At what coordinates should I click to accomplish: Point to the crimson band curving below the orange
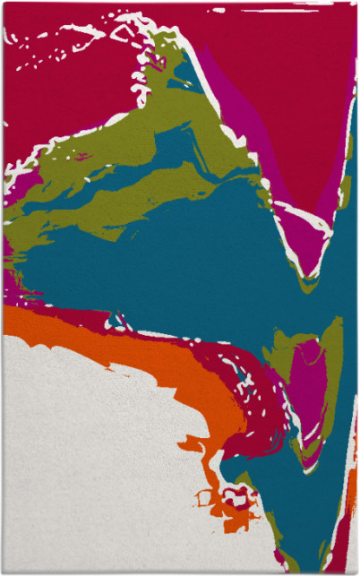point(242,421)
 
